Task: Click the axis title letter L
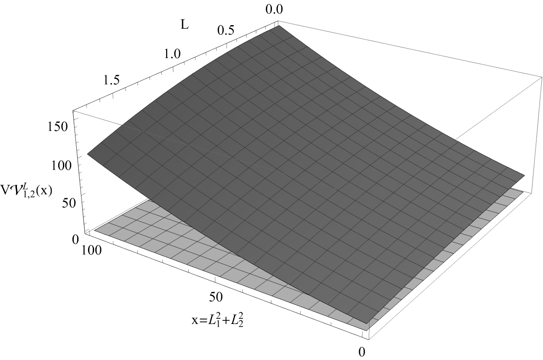tap(184, 24)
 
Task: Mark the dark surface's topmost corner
tap(278, 26)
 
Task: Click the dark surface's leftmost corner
tap(88, 154)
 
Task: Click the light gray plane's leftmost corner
tap(95, 230)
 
